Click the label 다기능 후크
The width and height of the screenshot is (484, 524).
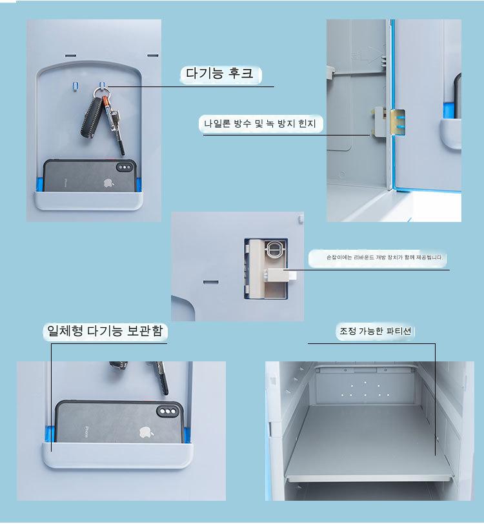219,74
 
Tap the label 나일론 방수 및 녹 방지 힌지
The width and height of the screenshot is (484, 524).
259,124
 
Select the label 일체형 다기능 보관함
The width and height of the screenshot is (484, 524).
105,331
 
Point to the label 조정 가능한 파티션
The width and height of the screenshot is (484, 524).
375,331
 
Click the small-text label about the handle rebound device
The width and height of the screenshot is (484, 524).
385,257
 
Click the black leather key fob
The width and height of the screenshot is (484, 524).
91,117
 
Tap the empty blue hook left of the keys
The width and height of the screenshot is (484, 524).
76,86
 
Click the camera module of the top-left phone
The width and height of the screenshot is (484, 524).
125,167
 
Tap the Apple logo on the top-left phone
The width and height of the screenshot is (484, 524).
108,183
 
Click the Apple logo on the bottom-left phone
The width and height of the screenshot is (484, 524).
146,432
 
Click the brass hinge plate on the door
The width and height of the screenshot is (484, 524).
398,123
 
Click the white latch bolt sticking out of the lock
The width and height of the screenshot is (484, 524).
281,275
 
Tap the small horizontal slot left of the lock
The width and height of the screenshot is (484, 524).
210,283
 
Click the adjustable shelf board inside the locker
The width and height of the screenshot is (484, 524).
368,445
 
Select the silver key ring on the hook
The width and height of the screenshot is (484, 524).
101,91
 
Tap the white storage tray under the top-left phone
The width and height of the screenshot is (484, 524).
88,201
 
